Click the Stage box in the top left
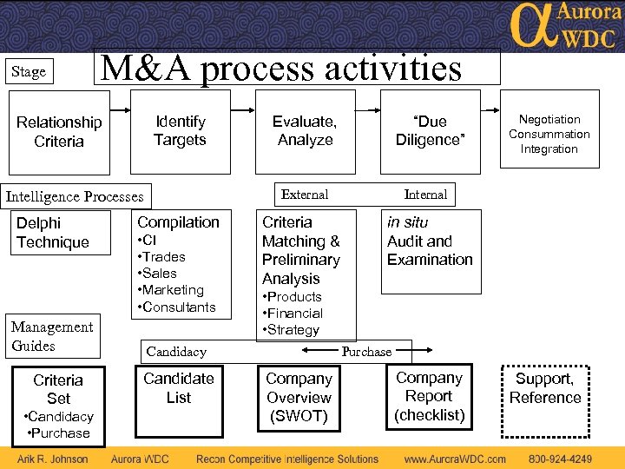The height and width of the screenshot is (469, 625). point(30,72)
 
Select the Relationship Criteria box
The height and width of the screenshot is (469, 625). point(59,132)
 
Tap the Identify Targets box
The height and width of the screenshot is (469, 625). point(180,131)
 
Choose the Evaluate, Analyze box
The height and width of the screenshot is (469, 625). point(305,131)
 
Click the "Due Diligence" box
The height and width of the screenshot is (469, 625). point(431,131)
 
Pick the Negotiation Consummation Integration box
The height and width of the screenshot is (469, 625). point(549,135)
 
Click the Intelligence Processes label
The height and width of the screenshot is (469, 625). point(75,196)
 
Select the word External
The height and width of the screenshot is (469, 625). point(305,195)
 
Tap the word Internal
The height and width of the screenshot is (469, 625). point(425,195)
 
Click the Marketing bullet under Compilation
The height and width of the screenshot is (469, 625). point(172,290)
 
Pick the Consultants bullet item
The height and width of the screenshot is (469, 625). point(177,307)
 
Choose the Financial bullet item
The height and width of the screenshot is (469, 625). point(293,314)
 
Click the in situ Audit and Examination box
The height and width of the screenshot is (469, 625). point(430,241)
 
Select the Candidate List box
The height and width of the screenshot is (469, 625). point(179,388)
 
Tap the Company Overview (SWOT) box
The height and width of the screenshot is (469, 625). point(299,397)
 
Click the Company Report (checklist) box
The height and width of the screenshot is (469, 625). point(429,397)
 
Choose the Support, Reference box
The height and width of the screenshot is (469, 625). point(545,389)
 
